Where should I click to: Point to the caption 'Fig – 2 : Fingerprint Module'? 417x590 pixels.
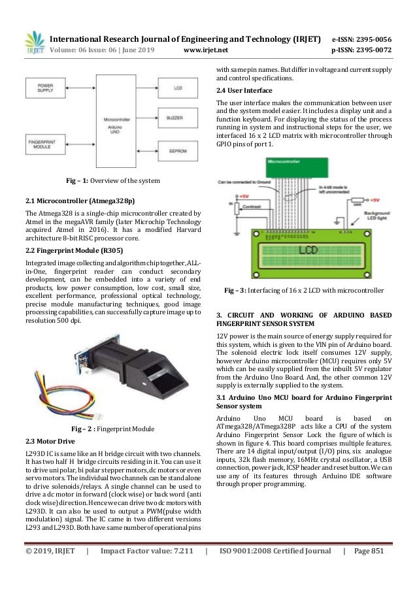(112, 429)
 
